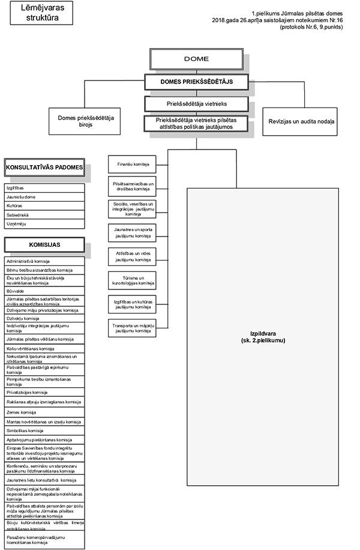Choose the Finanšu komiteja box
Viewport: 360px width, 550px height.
[x=133, y=164]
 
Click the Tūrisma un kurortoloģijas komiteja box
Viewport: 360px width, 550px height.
[x=133, y=280]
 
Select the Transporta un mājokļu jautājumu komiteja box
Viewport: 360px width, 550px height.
[x=133, y=328]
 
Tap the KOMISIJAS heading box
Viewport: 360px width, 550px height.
[x=44, y=244]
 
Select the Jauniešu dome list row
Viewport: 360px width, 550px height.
[x=44, y=196]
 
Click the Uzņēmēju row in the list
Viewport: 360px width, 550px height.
[x=44, y=223]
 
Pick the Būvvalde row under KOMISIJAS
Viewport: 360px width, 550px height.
[x=44, y=288]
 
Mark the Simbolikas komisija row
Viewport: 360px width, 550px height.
[x=44, y=431]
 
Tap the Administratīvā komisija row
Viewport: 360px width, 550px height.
[x=44, y=262]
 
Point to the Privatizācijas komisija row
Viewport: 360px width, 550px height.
[x=44, y=392]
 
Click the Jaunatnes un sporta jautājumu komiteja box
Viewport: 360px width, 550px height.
[x=133, y=232]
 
